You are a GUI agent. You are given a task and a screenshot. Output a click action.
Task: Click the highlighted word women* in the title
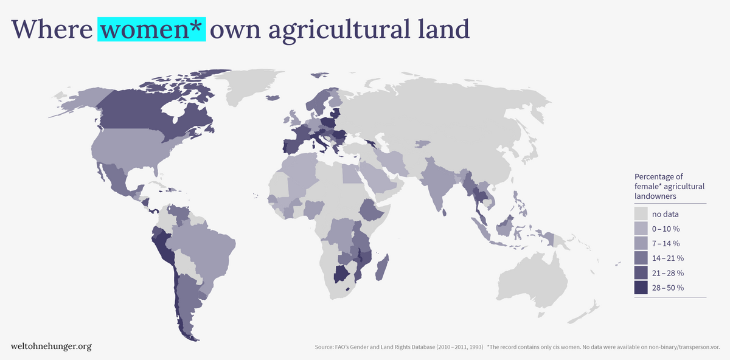point(151,29)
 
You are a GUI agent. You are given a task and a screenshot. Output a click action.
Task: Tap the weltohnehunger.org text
point(51,346)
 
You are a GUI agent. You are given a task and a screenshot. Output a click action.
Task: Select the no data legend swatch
point(641,214)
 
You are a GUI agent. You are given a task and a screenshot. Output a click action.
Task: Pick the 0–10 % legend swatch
point(641,229)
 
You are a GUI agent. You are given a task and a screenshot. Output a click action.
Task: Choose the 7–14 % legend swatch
point(641,243)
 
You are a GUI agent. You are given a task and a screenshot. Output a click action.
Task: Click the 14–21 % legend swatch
point(641,258)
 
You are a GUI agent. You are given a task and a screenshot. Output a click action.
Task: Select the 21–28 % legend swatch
point(641,273)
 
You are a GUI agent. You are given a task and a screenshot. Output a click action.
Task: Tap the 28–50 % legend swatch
point(641,288)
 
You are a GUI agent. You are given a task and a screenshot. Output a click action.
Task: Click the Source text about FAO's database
point(399,347)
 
